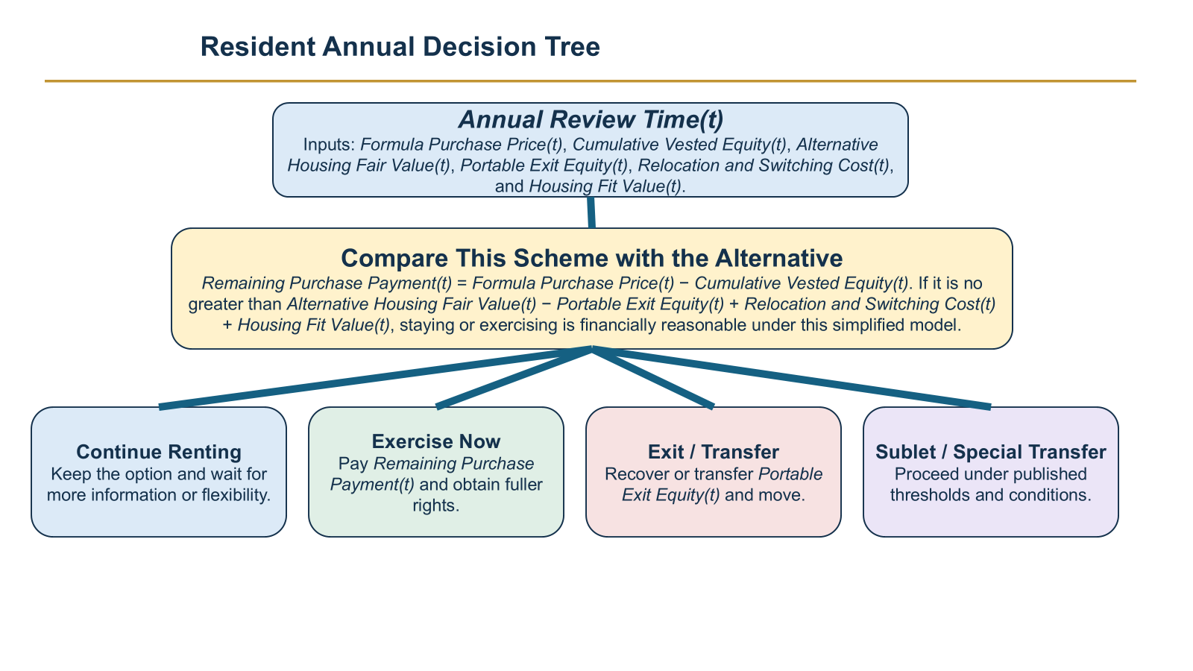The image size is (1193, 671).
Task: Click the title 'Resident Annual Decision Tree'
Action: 400,47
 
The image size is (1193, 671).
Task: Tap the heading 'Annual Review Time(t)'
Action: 591,119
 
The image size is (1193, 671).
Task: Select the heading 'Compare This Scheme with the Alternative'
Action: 592,258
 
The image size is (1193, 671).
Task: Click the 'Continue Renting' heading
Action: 159,452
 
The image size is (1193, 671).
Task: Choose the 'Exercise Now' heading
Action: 436,441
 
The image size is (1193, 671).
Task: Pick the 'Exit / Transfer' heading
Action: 713,452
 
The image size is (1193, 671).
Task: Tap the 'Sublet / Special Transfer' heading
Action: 991,452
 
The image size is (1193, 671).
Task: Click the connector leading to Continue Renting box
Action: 376,377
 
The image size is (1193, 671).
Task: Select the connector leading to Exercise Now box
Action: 514,377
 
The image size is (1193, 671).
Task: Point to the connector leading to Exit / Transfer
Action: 652,377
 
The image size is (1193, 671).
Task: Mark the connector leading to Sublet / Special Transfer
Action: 791,377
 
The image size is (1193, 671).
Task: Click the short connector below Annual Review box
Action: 591,212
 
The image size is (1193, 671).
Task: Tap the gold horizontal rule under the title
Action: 590,81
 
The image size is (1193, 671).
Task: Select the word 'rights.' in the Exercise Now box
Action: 435,505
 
